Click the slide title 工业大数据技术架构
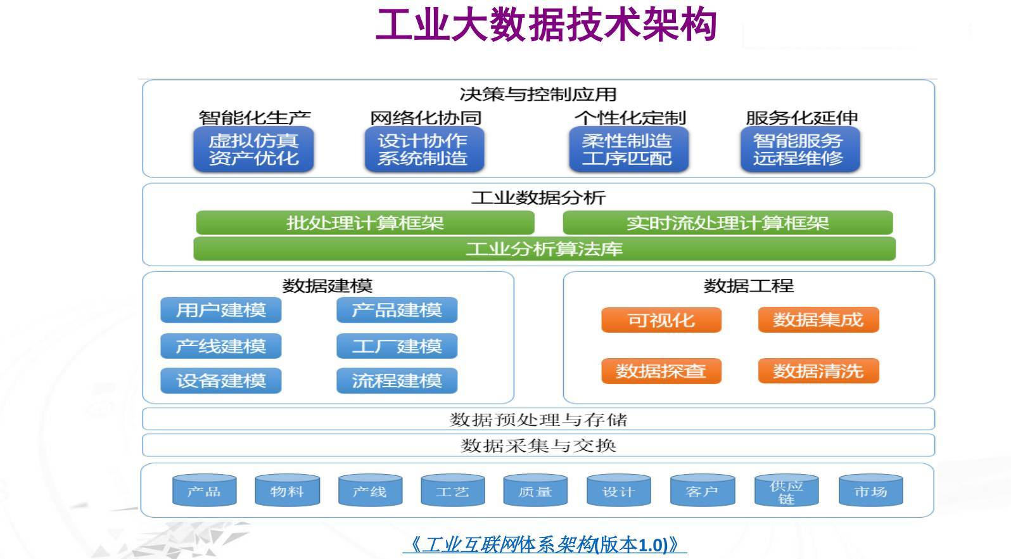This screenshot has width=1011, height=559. [546, 25]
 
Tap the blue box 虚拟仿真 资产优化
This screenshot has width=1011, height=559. [253, 150]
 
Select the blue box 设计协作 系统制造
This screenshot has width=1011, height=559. [423, 150]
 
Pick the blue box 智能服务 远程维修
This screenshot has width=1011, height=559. [799, 150]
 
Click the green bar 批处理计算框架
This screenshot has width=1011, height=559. [365, 223]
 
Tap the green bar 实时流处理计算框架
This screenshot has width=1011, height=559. [727, 223]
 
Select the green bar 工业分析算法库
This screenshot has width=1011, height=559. [544, 249]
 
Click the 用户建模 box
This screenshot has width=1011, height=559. [220, 311]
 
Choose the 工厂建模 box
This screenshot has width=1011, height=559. [397, 347]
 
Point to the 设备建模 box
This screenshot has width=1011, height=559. [220, 381]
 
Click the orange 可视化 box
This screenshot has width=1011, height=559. [661, 320]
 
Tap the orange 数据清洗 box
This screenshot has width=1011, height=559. [818, 371]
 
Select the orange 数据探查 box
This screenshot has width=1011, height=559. [661, 371]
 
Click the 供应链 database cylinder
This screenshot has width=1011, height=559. [786, 492]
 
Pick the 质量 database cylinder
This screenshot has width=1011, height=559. [535, 492]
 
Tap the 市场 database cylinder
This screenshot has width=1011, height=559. [870, 492]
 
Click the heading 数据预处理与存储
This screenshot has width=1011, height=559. [538, 420]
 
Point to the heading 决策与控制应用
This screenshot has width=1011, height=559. [538, 94]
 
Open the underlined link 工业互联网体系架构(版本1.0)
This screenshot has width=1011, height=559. [545, 544]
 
